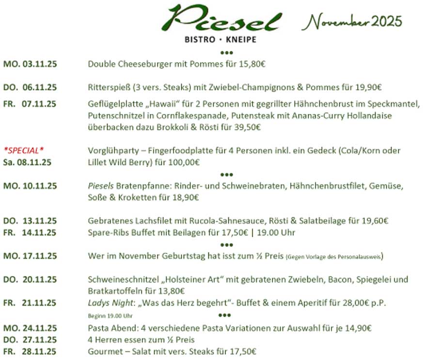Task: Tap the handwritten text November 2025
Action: (x=355, y=21)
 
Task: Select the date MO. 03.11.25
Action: (x=30, y=64)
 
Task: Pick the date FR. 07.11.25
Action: (x=30, y=104)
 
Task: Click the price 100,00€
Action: (x=184, y=162)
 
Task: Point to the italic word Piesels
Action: (x=100, y=186)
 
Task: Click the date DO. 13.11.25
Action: (x=30, y=221)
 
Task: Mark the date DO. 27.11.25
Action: (x=30, y=339)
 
